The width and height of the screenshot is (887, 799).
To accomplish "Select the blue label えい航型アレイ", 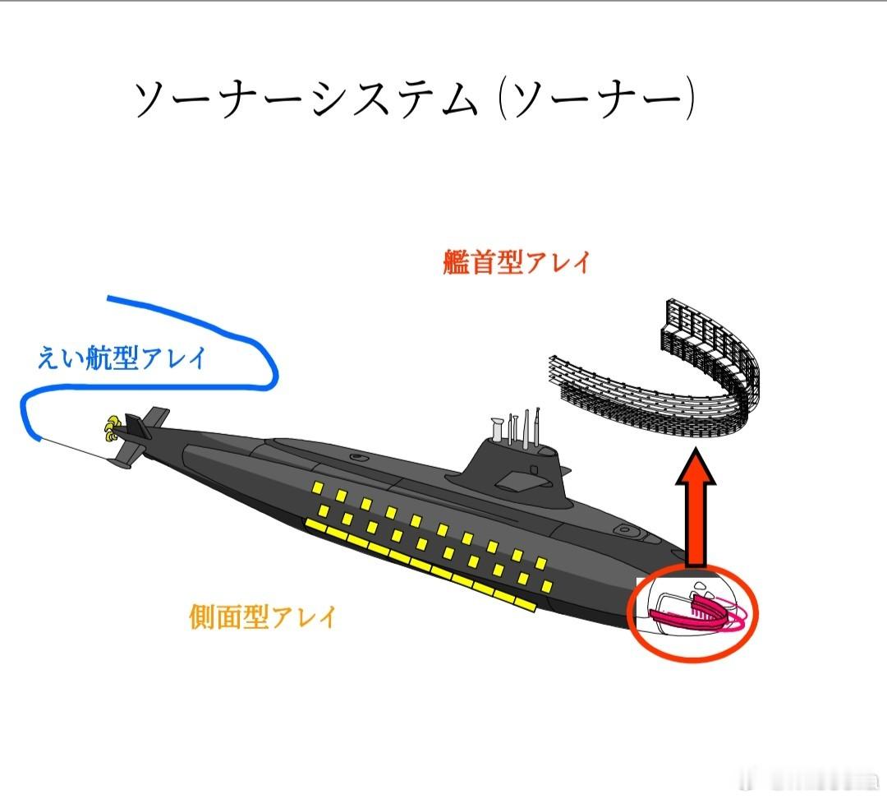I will [x=122, y=358].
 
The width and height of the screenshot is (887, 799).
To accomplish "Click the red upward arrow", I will [x=695, y=510].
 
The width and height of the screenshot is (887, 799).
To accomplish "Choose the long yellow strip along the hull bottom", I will [x=419, y=566].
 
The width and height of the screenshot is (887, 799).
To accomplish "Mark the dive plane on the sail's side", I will [x=516, y=482].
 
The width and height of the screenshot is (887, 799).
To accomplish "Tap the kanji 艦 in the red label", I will [x=456, y=263].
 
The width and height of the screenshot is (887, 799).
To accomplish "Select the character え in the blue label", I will [x=48, y=358].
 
